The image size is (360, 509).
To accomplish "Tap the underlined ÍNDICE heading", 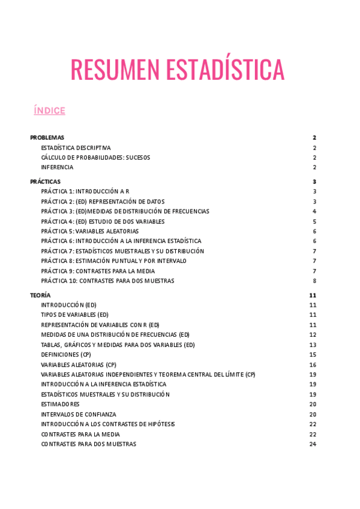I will click(x=50, y=110).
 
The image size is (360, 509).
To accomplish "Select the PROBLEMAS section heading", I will click(x=47, y=137).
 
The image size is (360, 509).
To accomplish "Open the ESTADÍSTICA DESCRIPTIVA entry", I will click(x=76, y=148).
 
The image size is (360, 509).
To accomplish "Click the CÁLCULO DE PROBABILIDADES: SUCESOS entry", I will click(x=95, y=157).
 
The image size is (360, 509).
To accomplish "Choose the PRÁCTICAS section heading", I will click(x=45, y=181).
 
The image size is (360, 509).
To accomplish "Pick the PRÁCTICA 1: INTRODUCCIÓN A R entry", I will click(x=85, y=191).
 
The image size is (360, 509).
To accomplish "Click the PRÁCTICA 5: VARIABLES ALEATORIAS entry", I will click(x=89, y=231).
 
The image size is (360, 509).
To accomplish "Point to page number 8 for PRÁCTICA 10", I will click(x=314, y=281).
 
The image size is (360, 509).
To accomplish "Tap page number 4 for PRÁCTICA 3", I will click(x=314, y=211).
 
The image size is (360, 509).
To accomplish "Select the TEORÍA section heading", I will click(x=40, y=295).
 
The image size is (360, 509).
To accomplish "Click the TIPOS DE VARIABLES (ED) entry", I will click(x=74, y=315).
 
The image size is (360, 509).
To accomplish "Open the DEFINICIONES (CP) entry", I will click(x=66, y=355).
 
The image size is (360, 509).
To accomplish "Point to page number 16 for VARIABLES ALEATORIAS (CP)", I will click(x=313, y=365).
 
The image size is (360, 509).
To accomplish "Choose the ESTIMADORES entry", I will click(x=60, y=404).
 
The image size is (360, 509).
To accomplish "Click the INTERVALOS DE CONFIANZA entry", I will click(x=79, y=414).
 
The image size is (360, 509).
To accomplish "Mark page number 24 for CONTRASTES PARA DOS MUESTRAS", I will click(x=313, y=444).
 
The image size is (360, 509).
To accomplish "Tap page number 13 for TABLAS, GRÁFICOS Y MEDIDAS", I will click(x=313, y=345).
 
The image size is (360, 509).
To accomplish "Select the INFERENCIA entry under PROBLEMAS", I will click(x=57, y=167).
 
